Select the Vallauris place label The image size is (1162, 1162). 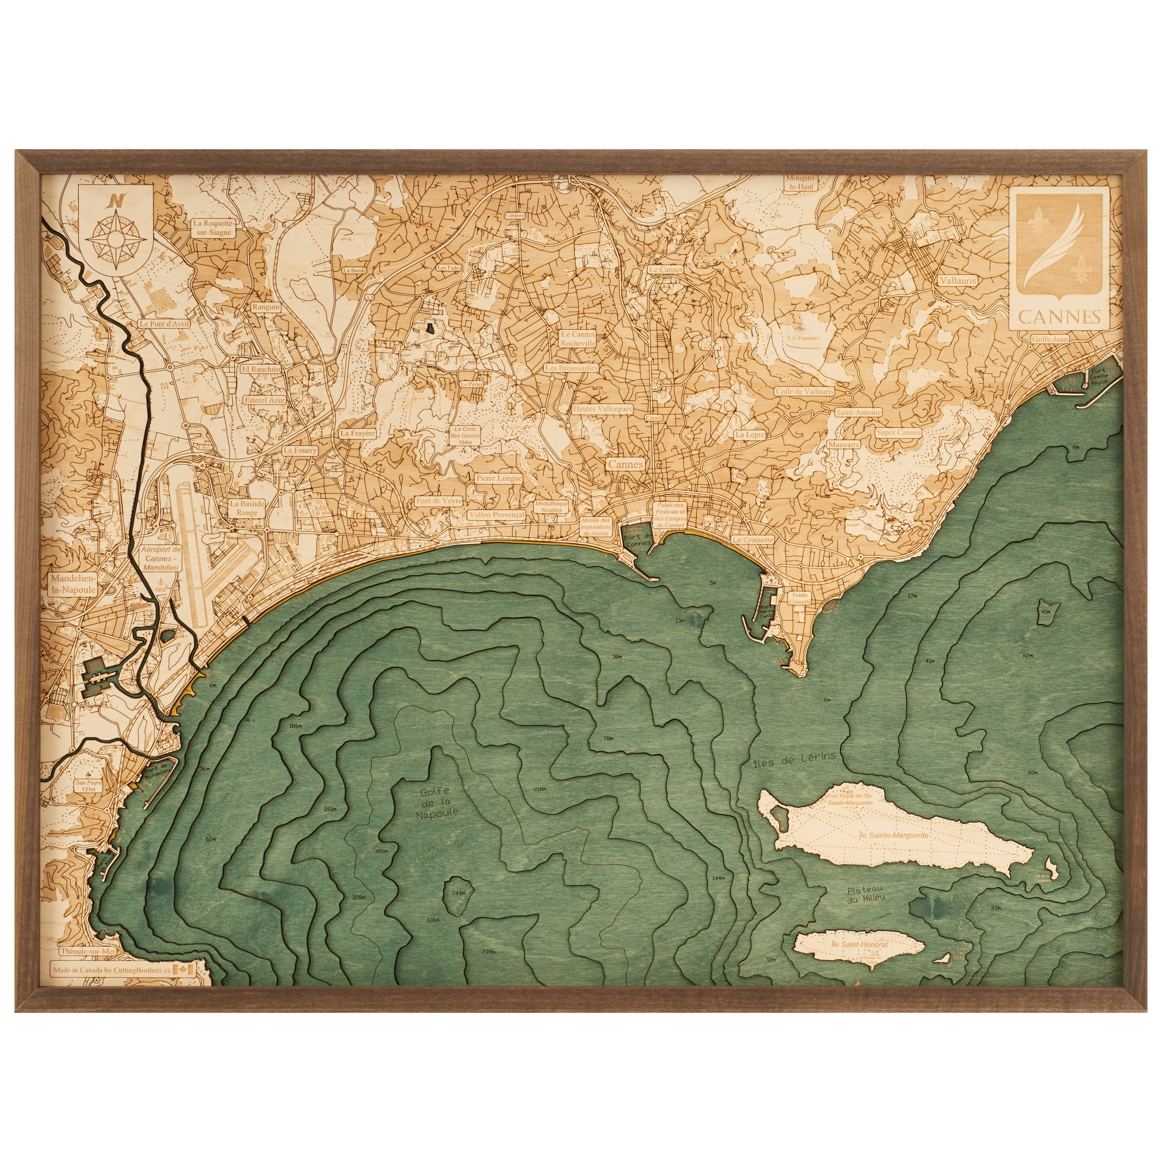click(958, 280)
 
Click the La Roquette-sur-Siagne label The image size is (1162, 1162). click(212, 227)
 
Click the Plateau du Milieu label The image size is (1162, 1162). click(866, 894)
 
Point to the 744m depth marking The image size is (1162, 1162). click(458, 893)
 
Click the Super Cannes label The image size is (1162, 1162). click(898, 432)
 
